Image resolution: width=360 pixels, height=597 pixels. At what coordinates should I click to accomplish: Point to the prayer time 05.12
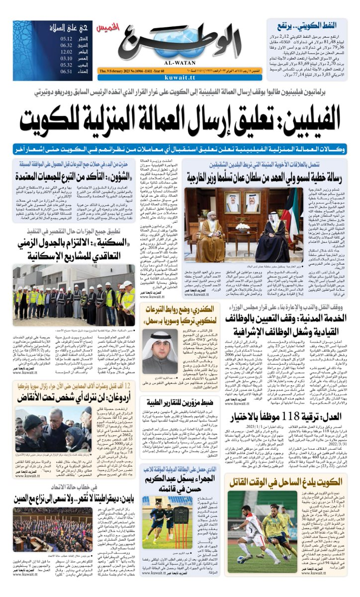67,38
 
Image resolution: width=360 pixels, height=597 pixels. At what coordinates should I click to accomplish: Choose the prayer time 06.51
67,72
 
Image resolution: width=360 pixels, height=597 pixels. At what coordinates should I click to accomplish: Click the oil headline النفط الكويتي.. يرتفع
319,25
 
